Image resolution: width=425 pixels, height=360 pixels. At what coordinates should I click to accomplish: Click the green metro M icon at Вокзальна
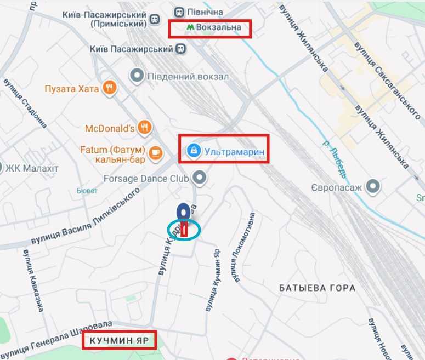190,26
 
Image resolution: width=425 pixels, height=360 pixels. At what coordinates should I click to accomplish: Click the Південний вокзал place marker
137,76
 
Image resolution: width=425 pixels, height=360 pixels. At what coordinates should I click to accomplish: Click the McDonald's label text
110,129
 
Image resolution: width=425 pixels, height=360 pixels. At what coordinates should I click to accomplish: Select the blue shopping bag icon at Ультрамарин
193,150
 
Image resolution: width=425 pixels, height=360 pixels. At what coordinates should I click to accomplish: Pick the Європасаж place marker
375,187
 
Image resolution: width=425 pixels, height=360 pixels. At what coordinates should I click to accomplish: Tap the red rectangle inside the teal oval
185,230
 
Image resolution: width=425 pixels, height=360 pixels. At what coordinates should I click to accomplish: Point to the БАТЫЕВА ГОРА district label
317,288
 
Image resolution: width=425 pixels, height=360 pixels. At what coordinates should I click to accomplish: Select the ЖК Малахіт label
32,168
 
